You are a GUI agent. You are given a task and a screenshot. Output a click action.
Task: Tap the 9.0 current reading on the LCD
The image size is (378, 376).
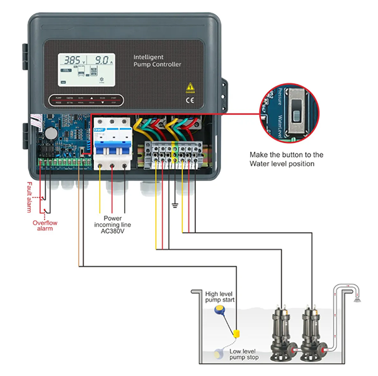[x=100, y=61]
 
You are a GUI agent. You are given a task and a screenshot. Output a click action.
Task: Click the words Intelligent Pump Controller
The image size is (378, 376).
[x=158, y=61]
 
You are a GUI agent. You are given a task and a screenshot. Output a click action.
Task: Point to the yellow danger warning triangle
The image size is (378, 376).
[x=190, y=88]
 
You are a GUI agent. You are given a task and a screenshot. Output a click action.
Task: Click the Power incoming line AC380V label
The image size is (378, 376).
[x=113, y=224]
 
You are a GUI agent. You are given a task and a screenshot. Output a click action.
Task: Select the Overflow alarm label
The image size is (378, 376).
[x=43, y=226]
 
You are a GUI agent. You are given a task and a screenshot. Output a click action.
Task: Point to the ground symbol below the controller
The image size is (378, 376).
[x=174, y=206]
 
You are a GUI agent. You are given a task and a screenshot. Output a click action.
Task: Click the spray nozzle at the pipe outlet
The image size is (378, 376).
[x=358, y=297]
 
